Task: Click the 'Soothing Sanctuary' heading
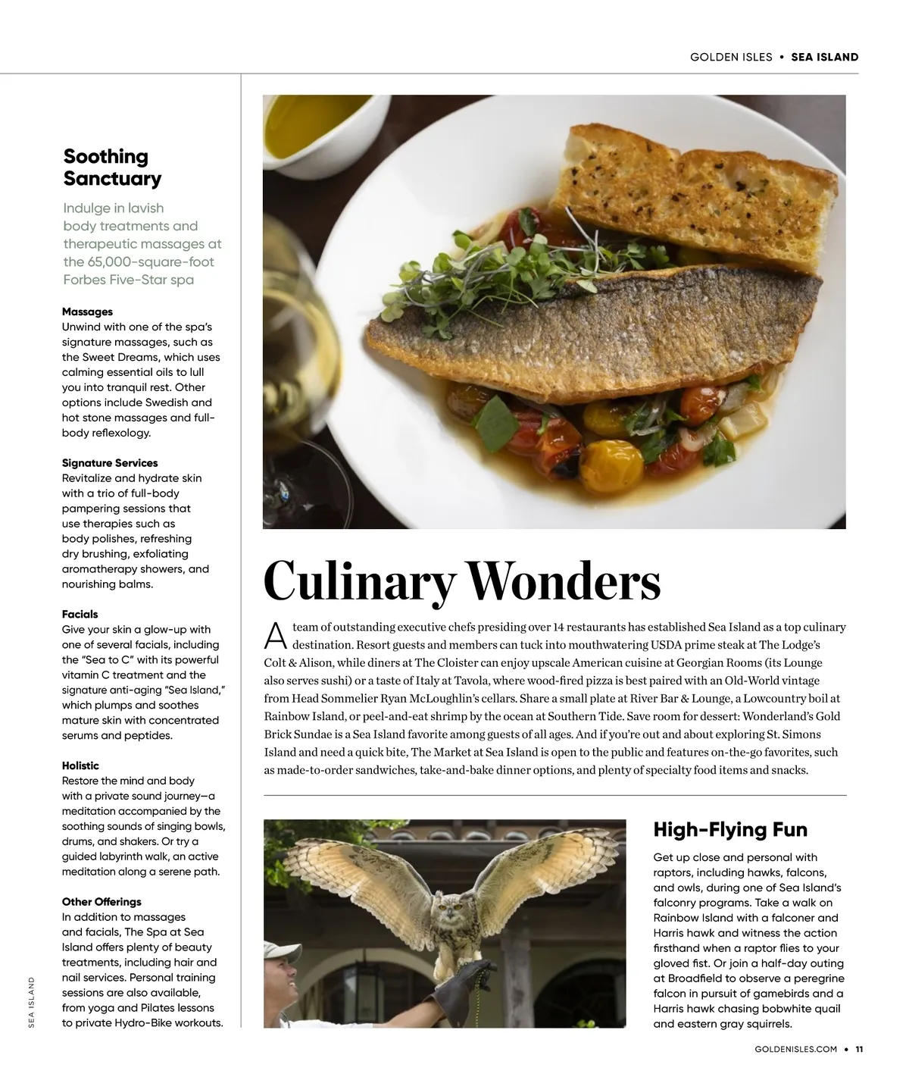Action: pos(112,167)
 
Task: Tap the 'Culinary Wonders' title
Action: pos(461,581)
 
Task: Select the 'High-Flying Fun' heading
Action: pos(729,829)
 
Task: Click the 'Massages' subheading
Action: pos(87,312)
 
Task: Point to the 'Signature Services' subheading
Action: pos(110,462)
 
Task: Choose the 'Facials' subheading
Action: pos(80,614)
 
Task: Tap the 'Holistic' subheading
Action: pos(80,765)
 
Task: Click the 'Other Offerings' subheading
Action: pos(102,902)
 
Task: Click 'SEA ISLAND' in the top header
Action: pos(824,57)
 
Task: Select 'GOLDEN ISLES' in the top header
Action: pos(731,57)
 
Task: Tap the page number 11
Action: pos(859,1050)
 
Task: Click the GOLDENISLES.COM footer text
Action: pos(795,1050)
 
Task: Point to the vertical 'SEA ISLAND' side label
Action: pos(32,1002)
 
